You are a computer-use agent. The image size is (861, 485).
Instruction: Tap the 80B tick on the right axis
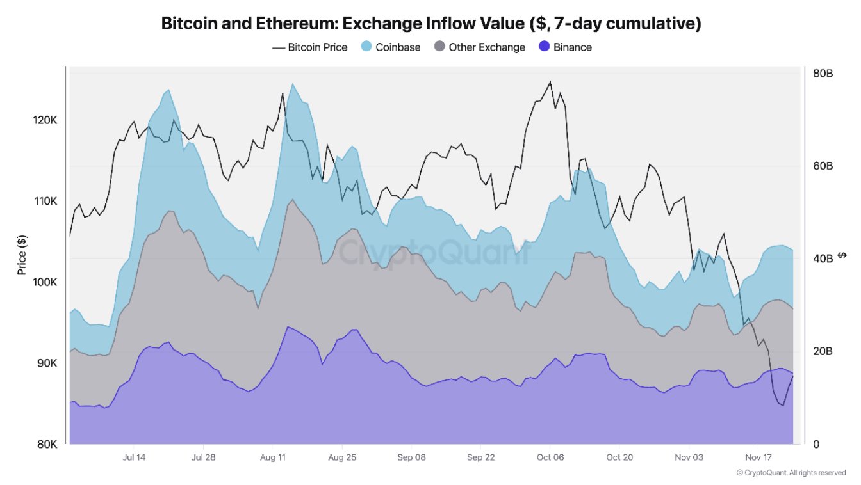click(x=823, y=73)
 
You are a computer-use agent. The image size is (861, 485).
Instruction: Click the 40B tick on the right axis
click(x=823, y=258)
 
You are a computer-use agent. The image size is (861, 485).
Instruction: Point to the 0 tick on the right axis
click(x=816, y=444)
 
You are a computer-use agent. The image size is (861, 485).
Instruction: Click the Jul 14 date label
click(x=133, y=457)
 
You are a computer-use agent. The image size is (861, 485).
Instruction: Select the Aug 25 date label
click(x=341, y=457)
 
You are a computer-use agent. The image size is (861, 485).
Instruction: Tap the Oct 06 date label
click(x=550, y=457)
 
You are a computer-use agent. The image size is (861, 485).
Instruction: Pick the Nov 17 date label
click(x=758, y=457)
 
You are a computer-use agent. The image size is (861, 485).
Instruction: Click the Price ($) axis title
click(x=22, y=255)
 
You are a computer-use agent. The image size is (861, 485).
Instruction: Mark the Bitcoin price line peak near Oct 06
click(x=550, y=82)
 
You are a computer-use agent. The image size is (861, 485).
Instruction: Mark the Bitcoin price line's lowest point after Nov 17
click(x=782, y=405)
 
